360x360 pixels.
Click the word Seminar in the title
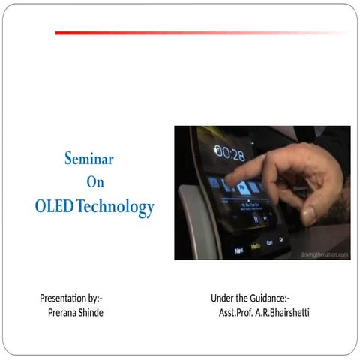point(88,159)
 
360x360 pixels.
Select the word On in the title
point(94,182)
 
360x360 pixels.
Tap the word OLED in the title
point(54,206)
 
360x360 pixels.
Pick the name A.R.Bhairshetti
point(282,312)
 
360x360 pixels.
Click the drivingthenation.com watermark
point(324,255)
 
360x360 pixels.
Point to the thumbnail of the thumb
point(308,215)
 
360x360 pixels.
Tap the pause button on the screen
point(256,219)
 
